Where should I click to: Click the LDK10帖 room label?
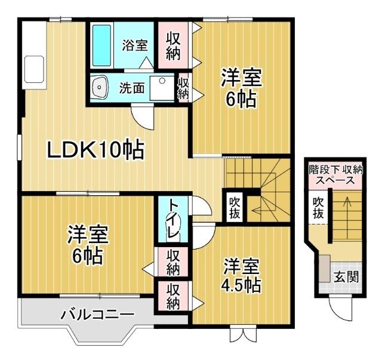tap(95, 150)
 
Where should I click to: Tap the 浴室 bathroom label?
tap(134, 45)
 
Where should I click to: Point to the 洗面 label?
tap(132, 88)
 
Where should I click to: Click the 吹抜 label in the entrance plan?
tap(319, 208)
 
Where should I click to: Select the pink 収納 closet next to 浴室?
tap(174, 45)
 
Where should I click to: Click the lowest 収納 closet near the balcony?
tap(174, 296)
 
